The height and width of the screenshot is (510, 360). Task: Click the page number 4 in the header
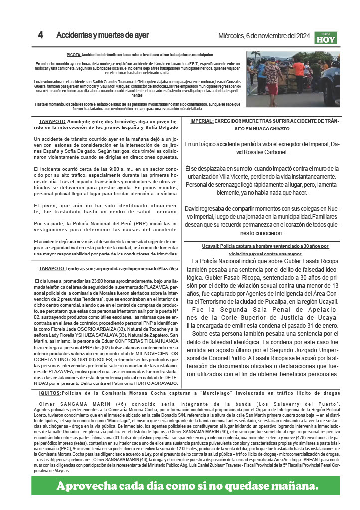(41, 35)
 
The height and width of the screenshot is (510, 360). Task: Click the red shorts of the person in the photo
(273, 89)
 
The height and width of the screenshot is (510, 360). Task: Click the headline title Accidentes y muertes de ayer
(103, 35)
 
